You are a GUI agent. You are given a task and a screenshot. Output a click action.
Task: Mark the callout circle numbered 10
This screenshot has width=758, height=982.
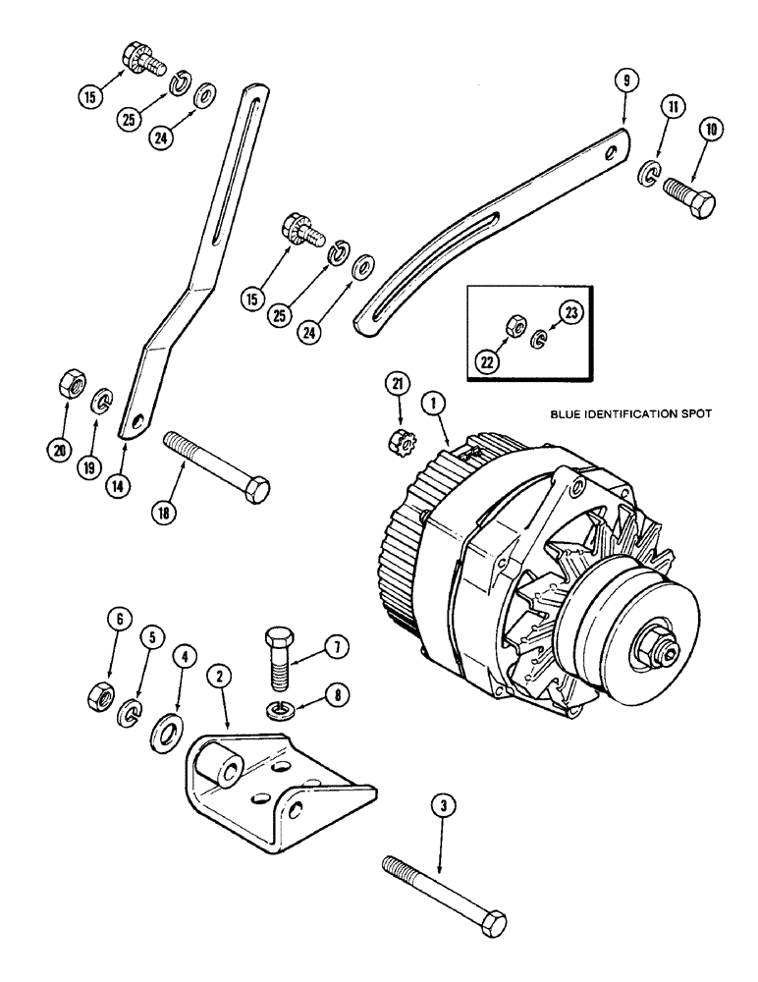708,129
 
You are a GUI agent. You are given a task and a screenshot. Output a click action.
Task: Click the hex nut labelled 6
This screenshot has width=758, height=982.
99,693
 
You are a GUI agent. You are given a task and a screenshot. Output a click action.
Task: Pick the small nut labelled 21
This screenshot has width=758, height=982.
400,440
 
